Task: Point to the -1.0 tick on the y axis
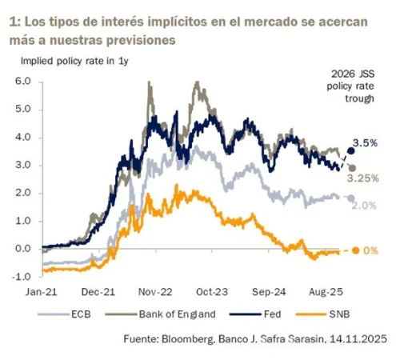tap(20, 277)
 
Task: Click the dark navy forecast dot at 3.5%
tap(350, 150)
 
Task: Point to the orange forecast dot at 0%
tap(356, 251)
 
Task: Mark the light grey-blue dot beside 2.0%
tap(350, 197)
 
